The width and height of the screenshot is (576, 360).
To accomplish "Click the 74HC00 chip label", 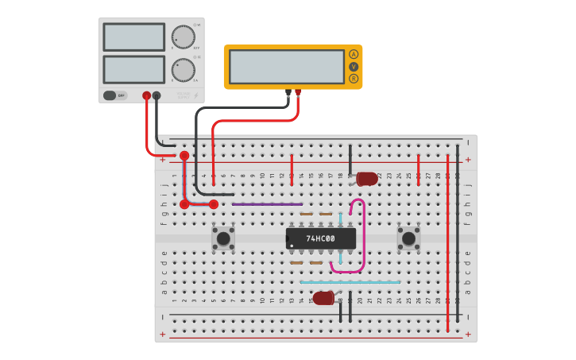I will tap(321, 238).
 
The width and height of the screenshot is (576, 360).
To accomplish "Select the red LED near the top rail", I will tap(366, 179).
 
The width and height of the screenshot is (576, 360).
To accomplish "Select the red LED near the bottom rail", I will tap(323, 298).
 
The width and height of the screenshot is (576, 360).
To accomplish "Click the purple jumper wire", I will tap(267, 204).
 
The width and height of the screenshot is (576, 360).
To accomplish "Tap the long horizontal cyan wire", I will tap(350, 282).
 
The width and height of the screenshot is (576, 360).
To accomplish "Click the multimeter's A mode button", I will tap(354, 54).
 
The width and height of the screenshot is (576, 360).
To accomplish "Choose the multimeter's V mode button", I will tap(354, 67).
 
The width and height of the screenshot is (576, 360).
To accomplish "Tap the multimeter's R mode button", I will tap(354, 79).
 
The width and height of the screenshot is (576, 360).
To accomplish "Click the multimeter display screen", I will tap(286, 67).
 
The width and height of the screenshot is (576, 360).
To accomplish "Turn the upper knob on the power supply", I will tap(184, 37).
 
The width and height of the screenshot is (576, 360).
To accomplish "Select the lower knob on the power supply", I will tap(184, 70).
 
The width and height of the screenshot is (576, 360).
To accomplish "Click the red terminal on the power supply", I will tap(146, 96).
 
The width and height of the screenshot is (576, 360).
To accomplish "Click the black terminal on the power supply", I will tap(157, 96).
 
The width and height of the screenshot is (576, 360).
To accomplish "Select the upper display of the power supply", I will tap(133, 37).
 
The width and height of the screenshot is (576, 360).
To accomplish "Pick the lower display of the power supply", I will tap(133, 70).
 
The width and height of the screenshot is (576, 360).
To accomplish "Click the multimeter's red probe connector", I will tap(298, 92).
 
